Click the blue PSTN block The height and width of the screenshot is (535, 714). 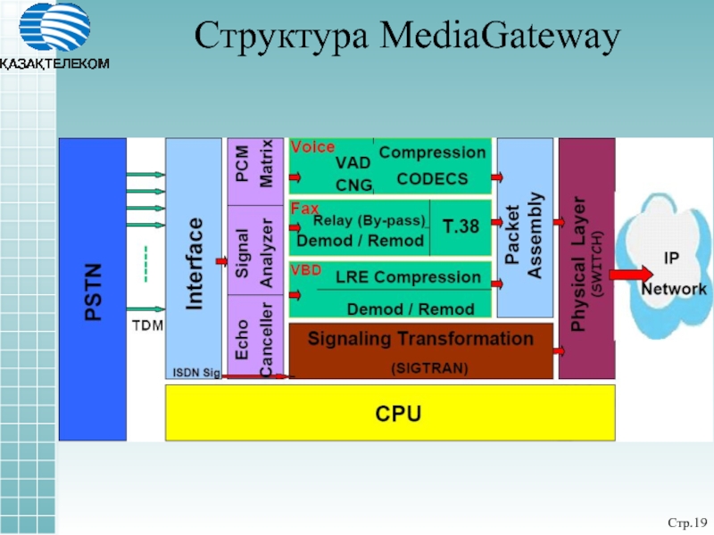[93, 289]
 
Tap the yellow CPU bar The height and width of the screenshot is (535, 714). [390, 413]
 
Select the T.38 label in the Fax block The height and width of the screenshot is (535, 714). [461, 226]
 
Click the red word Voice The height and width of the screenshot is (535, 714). [313, 147]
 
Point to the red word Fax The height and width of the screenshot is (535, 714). [304, 209]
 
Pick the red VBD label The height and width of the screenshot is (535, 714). [306, 270]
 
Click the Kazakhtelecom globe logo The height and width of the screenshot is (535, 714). [54, 28]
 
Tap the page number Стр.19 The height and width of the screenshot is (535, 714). [687, 523]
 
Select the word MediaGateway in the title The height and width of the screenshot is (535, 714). [500, 36]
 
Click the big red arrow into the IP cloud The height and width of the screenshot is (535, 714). [631, 275]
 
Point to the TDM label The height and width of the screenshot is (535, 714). [147, 325]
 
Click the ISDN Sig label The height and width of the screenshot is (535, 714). [196, 373]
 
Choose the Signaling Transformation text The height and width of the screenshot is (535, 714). [420, 339]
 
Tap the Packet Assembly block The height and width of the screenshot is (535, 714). [525, 228]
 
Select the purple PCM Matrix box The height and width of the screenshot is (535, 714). [255, 171]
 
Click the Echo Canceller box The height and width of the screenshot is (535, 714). [255, 337]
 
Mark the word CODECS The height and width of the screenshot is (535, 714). [432, 179]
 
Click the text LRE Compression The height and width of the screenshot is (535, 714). [408, 277]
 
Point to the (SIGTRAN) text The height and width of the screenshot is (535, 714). [429, 367]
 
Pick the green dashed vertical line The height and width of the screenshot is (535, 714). [145, 264]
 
